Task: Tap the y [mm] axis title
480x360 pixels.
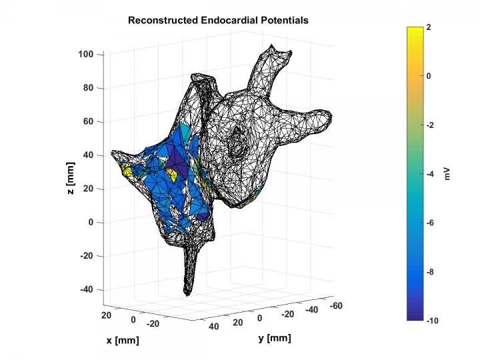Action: pyautogui.click(x=274, y=338)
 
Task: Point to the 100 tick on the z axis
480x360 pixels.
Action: pyautogui.click(x=85, y=54)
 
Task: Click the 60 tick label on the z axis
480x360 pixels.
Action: pyautogui.click(x=88, y=121)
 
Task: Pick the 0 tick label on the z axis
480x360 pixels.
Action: pyautogui.click(x=91, y=223)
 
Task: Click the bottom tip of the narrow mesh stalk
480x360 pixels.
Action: pyautogui.click(x=188, y=294)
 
